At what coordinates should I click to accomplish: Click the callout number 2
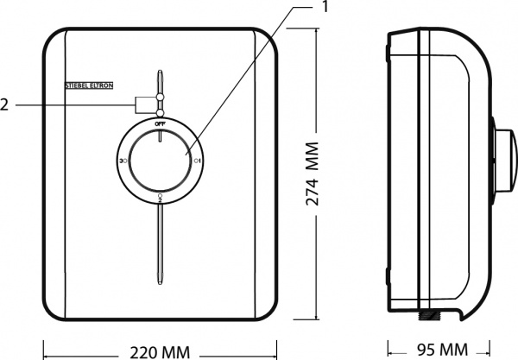click(6, 104)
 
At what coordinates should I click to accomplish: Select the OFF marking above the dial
click(161, 124)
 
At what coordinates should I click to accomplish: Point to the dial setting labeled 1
click(198, 161)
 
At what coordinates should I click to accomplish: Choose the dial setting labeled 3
click(123, 161)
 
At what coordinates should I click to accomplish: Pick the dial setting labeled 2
click(161, 198)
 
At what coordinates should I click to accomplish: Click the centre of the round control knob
click(161, 161)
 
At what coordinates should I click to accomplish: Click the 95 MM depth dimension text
click(436, 351)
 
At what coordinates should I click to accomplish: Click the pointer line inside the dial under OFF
click(161, 135)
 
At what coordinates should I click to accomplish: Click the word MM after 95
click(450, 351)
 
